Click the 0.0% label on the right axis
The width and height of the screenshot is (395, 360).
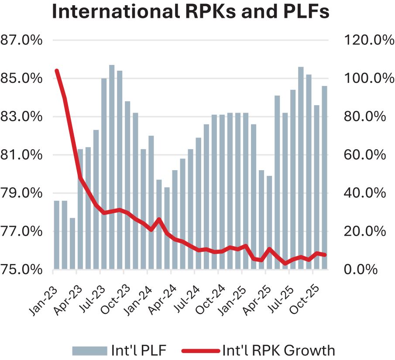(361, 269)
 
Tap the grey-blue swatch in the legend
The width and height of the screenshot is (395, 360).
(89, 350)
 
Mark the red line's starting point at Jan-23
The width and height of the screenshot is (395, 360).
(57, 70)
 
